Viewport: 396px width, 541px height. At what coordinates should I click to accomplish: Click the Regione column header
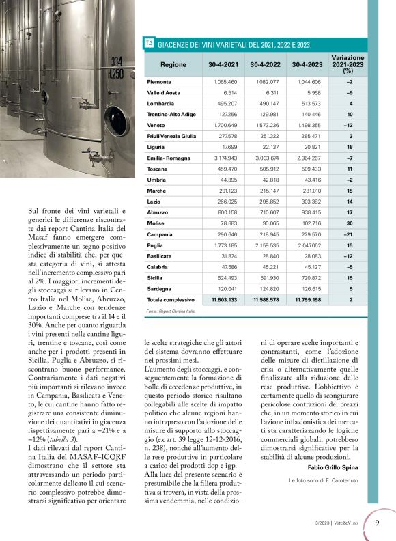click(173, 64)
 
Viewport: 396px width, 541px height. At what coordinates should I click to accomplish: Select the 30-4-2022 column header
click(266, 64)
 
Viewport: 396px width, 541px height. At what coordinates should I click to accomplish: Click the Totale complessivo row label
click(171, 299)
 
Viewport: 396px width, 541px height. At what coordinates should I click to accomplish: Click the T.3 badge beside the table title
click(150, 44)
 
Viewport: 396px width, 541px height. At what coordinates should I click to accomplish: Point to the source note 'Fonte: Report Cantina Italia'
click(171, 311)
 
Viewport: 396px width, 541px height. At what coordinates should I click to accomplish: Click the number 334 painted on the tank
click(117, 61)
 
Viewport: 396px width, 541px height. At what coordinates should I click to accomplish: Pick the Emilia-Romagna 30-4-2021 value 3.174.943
click(223, 158)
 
